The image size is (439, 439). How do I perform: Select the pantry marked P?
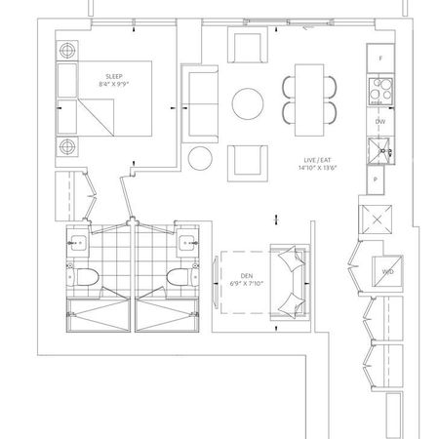[x=376, y=180]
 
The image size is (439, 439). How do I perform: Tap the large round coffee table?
[x=247, y=103]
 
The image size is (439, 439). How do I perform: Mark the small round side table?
[x=202, y=157]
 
